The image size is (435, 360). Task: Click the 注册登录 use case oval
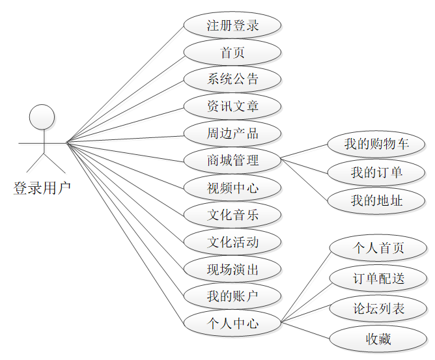[x=232, y=26]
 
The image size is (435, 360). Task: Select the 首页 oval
[x=232, y=53]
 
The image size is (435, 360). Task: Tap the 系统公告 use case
[x=232, y=79]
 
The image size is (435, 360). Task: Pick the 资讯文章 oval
[x=232, y=106]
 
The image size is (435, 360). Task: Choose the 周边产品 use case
[x=232, y=133]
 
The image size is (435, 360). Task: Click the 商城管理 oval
[x=232, y=160]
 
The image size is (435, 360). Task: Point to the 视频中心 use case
[x=232, y=189]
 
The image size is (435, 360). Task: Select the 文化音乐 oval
[x=232, y=215]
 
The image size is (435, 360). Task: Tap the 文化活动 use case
[x=232, y=242]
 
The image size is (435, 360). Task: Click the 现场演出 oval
[x=232, y=269]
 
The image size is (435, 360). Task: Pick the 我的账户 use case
[x=232, y=296]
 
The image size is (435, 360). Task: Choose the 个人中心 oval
[x=232, y=323]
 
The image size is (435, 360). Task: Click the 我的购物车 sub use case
[x=376, y=144]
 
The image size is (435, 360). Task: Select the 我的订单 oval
[x=376, y=173]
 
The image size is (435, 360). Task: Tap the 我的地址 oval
[x=376, y=201]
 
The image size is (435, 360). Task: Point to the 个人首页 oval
[x=378, y=248]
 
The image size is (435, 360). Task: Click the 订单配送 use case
[x=378, y=279]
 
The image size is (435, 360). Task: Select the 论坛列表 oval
[x=378, y=309]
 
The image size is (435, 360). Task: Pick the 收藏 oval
[x=378, y=339]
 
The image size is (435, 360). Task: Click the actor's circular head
[x=42, y=117]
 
